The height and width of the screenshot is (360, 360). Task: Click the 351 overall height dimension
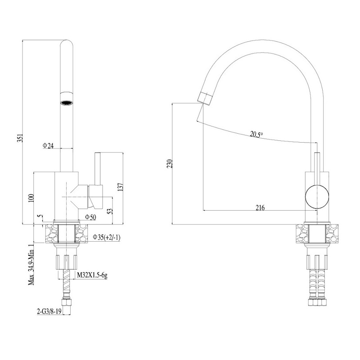20,138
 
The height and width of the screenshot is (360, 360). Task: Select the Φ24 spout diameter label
48,145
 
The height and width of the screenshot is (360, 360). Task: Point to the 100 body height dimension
31,198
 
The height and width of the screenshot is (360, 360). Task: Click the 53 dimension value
110,211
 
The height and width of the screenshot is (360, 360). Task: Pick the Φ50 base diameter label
90,217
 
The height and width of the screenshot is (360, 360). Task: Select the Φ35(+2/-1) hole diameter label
106,238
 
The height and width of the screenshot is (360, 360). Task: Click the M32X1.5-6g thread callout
92,275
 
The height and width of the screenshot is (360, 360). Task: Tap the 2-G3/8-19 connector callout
49,311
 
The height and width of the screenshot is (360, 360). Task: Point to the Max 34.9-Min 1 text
31,265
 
